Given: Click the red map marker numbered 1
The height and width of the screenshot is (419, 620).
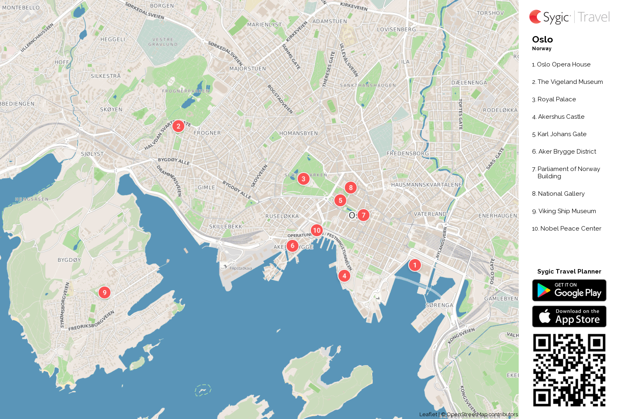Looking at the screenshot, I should click(415, 265).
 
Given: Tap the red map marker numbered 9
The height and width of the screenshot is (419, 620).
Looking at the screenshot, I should click(105, 292).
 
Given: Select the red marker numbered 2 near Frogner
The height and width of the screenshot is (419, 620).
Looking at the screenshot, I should click(178, 126).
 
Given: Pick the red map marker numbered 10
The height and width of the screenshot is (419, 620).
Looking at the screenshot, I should click(316, 230).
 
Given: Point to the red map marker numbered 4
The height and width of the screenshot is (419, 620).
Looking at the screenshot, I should click(344, 276).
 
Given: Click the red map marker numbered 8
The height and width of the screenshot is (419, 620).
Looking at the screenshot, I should click(351, 187).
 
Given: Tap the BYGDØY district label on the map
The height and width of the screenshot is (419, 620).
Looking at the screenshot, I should click(69, 260).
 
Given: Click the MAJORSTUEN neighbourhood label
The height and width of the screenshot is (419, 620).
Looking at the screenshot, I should click(248, 68).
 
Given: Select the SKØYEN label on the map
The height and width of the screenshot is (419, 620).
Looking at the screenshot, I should click(111, 109).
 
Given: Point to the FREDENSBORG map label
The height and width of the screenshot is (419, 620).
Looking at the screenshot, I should click(407, 153).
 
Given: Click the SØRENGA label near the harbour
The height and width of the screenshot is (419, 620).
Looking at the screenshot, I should click(439, 305).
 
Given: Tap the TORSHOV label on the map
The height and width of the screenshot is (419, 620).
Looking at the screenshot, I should click(490, 13).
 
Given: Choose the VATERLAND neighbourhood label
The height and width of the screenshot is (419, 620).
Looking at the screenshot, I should click(430, 214).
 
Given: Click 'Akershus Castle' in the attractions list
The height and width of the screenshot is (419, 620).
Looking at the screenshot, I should click(561, 117).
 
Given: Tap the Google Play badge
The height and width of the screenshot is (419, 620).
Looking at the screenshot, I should click(569, 290).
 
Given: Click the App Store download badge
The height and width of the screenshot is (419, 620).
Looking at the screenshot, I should click(569, 316).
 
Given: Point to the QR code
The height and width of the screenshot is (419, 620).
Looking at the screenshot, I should click(569, 370).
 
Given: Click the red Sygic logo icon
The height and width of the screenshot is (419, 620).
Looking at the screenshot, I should click(535, 17).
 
